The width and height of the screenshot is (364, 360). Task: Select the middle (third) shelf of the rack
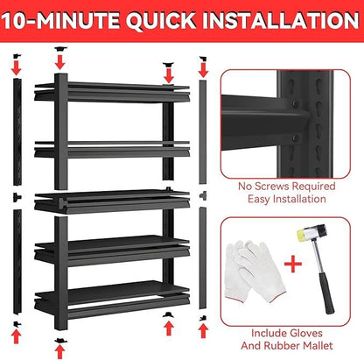[x=114, y=200]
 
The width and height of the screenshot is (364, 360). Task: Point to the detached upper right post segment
[x=203, y=131]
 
